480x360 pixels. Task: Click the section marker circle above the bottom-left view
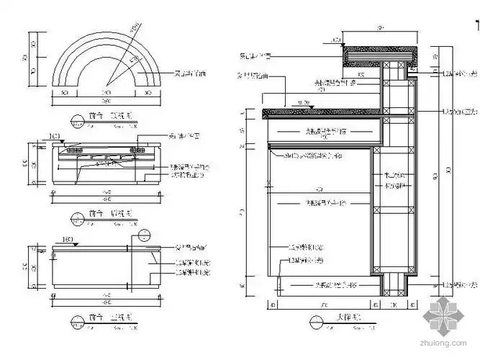click(145, 234)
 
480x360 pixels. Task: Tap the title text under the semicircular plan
click(108, 117)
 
